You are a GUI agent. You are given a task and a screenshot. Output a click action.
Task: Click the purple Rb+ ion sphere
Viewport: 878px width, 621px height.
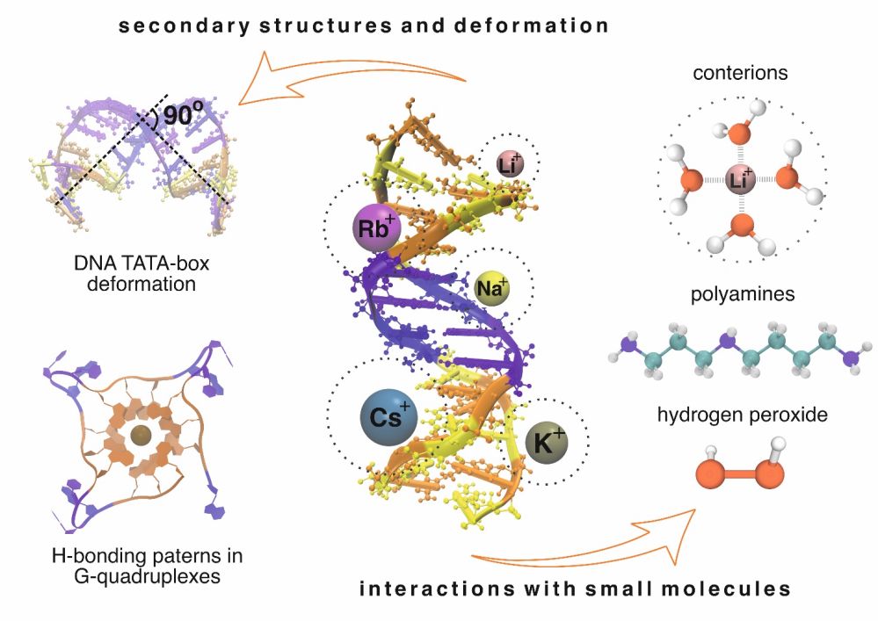376,229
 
